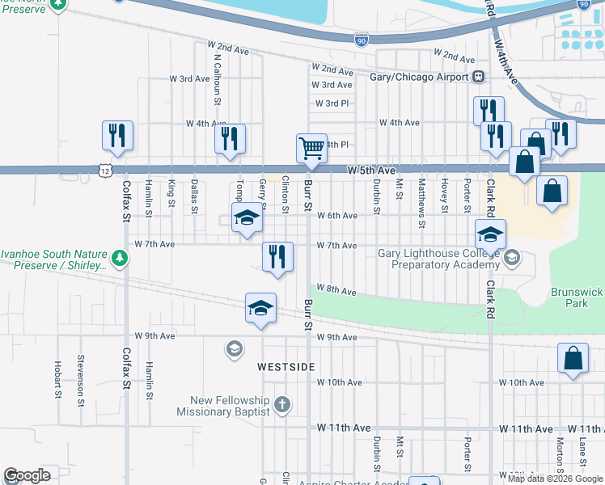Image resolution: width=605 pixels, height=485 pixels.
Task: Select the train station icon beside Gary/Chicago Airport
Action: coord(479,77)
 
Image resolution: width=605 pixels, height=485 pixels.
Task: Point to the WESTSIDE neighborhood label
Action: coord(286,367)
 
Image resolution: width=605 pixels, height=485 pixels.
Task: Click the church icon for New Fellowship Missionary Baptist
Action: coord(281,404)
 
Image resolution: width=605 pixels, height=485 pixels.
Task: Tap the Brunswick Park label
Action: coord(577,297)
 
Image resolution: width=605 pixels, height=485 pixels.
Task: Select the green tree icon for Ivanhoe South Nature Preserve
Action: coord(120,258)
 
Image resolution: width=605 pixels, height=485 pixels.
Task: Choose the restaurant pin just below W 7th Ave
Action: coord(277,257)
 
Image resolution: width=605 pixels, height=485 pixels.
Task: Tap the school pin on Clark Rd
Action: coord(490,234)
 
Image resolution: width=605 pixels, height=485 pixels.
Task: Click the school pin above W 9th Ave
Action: coord(260,308)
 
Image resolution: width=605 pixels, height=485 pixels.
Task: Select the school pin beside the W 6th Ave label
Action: coord(247,217)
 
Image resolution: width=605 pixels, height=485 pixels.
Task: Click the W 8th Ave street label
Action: coord(336,289)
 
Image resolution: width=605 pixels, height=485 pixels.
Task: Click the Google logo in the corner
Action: coord(27,475)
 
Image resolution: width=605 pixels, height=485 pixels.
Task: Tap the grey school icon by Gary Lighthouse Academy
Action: coord(511,258)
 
